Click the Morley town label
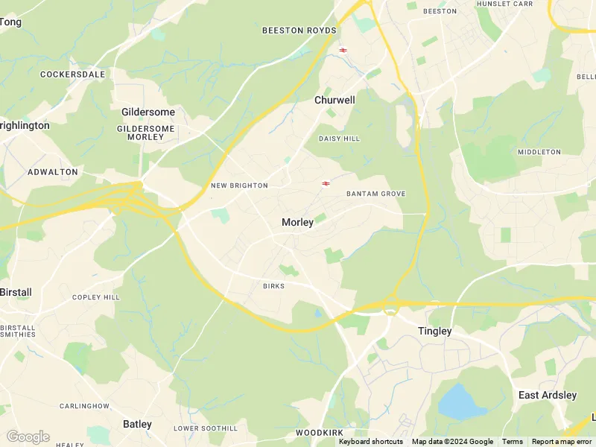(x=297, y=222)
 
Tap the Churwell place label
(x=335, y=100)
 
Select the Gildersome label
(x=148, y=112)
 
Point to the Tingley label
(x=434, y=331)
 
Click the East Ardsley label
(x=548, y=395)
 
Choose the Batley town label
(x=137, y=424)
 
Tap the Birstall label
(x=16, y=291)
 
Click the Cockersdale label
(x=73, y=74)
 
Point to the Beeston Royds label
(x=299, y=31)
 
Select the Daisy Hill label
(x=339, y=139)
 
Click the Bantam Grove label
(x=376, y=194)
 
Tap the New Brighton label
(x=239, y=186)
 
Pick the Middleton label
(x=539, y=152)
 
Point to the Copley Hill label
(x=96, y=297)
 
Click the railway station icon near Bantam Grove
(x=326, y=183)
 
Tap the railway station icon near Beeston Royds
(x=343, y=50)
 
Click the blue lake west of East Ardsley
(x=462, y=402)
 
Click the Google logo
(x=28, y=437)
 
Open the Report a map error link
(x=562, y=442)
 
